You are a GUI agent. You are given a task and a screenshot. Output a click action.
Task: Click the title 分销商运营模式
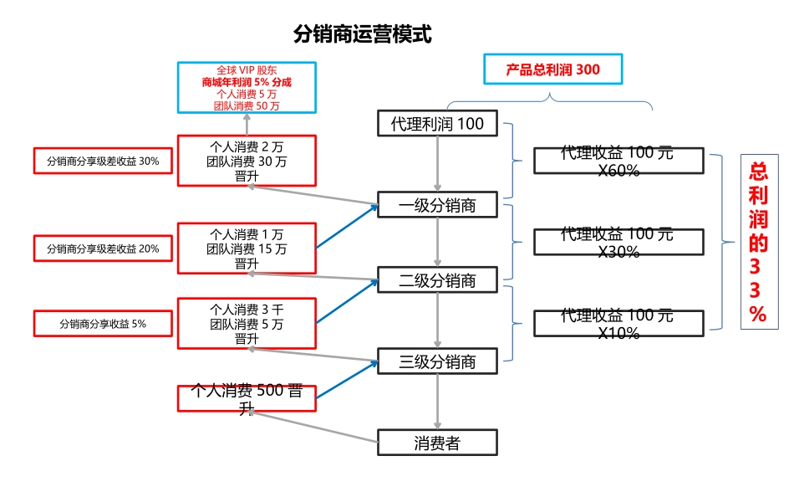point(363,34)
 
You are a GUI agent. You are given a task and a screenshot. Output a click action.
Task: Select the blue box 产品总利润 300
point(552,69)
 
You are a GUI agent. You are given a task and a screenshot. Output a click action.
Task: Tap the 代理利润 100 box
point(437,125)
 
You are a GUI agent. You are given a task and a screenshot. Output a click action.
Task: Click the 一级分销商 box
point(437,205)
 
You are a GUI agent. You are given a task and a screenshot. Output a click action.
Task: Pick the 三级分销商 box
point(437,361)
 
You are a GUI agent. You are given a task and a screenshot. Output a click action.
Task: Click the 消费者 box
point(437,443)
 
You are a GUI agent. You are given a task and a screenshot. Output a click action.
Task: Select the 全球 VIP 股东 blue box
point(247,88)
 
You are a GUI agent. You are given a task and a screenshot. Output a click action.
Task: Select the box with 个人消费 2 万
point(247,161)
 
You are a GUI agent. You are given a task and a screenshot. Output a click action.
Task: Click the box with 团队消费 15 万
point(247,248)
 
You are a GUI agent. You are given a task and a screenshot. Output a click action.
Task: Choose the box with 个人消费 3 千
point(247,323)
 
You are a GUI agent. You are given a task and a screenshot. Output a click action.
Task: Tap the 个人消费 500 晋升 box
point(247,398)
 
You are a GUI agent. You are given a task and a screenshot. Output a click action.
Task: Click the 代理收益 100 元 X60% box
point(618,161)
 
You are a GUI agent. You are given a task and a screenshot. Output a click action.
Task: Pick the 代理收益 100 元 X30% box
point(618,242)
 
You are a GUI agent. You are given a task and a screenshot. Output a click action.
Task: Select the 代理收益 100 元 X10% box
point(618,323)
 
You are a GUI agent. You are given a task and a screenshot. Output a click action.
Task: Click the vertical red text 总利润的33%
point(758,243)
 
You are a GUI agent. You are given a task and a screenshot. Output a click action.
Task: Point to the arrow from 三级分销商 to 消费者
point(437,402)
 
